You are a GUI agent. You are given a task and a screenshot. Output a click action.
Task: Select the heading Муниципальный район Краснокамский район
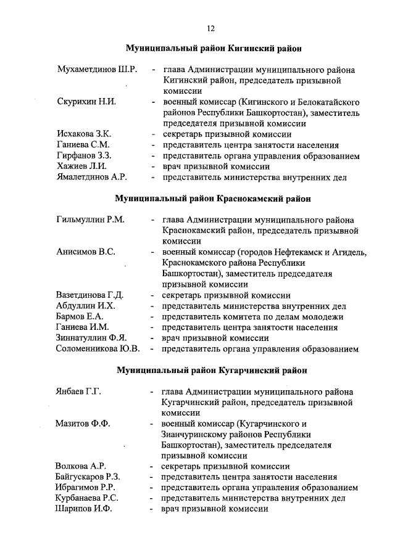point(213,199)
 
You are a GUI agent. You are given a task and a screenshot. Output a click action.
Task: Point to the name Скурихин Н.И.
point(86,101)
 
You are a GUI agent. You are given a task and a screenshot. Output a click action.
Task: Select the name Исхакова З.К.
point(83,134)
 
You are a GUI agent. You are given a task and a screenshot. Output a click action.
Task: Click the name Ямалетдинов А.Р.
point(91,178)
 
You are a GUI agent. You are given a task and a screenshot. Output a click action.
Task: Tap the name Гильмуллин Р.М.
point(90,220)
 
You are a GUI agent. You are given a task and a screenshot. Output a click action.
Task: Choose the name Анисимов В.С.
point(85,252)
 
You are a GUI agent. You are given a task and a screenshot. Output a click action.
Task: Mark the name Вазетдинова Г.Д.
point(90,295)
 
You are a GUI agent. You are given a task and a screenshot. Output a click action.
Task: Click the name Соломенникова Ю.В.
point(98,350)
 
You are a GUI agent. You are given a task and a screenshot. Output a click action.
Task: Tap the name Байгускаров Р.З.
point(88,477)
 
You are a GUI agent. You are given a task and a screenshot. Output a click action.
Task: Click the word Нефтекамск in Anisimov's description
point(290,252)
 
